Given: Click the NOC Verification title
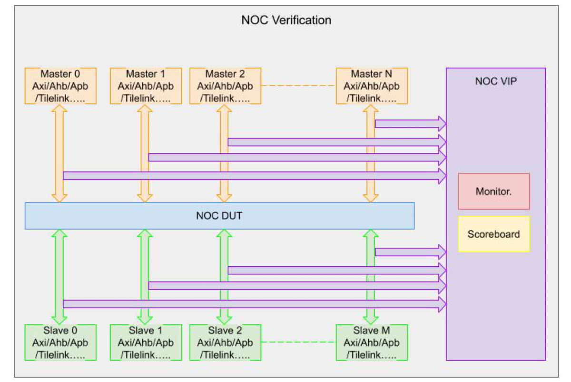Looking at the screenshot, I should tap(286, 20).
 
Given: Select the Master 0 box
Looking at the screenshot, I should tap(60, 86).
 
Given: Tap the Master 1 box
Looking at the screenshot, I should tap(146, 86).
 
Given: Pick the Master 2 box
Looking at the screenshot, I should tap(225, 86).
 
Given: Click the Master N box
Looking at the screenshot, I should tap(372, 86).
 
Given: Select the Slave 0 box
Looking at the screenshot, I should tap(60, 342).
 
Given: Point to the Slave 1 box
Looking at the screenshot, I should tap(146, 342).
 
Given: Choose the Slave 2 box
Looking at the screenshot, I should tap(225, 342).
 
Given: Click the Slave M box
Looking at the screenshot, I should tap(372, 342).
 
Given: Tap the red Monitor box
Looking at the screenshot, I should tap(494, 191).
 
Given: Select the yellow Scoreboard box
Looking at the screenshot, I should tap(494, 234).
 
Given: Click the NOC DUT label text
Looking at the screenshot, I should tap(219, 216).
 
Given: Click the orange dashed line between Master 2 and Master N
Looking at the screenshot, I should tap(298, 86).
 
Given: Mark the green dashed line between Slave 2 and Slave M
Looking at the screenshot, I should tap(298, 342).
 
